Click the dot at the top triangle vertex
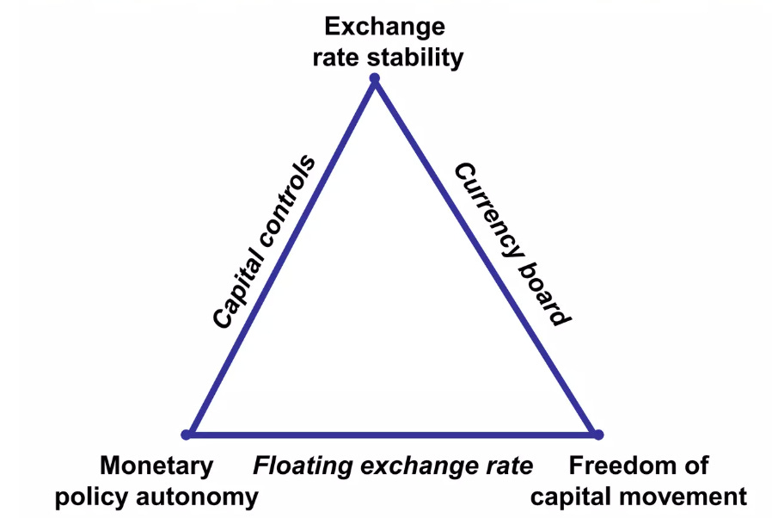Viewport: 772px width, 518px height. point(374,79)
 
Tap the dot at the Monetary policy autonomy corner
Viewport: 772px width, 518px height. point(186,434)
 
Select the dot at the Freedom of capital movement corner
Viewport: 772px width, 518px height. point(598,435)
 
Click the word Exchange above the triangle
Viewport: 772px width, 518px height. point(384,27)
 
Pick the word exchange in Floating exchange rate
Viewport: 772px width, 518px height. point(413,467)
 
